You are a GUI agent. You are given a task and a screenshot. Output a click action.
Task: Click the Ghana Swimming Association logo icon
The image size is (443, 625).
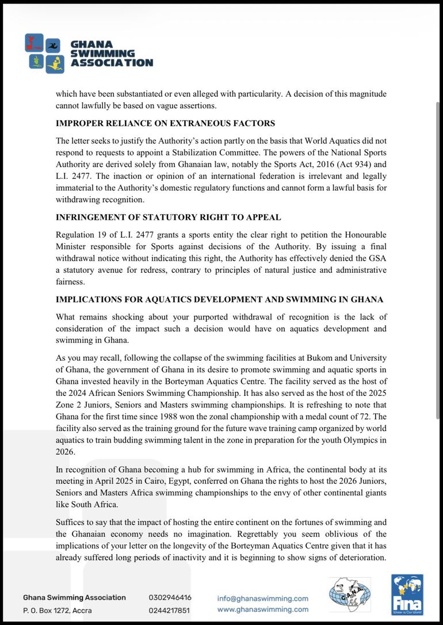point(44,54)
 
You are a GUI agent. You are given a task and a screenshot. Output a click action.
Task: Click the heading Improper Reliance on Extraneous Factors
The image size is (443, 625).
point(165,124)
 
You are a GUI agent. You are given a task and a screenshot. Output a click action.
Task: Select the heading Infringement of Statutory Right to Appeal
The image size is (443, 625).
point(168,218)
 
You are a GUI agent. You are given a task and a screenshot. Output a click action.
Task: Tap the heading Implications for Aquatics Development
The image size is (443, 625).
point(219,300)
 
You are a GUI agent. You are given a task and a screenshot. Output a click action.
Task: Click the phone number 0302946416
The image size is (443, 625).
point(170,598)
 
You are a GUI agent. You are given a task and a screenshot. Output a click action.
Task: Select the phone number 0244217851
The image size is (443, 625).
point(169,611)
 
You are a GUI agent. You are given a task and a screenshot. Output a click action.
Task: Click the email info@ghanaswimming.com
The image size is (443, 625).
point(262,599)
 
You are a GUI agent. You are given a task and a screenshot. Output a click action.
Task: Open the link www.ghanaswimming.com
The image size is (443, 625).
point(262,609)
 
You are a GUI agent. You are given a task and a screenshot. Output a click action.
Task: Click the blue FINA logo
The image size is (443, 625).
point(407,594)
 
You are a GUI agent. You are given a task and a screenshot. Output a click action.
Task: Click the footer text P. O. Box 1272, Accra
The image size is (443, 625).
point(57,611)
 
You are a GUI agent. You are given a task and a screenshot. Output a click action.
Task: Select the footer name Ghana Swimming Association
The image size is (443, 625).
point(74,598)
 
